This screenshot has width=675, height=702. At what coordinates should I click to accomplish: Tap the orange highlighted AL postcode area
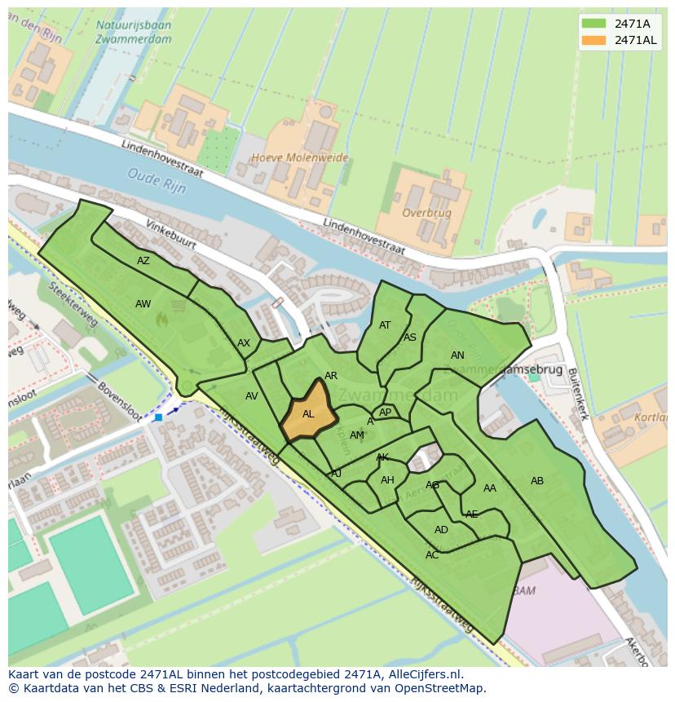(x=308, y=413)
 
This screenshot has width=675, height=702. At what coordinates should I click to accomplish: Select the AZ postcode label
(x=143, y=261)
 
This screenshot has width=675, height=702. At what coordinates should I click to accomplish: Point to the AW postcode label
(x=143, y=304)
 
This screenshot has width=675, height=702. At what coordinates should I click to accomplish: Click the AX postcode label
(x=244, y=343)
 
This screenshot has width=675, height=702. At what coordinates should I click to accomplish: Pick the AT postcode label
(x=385, y=325)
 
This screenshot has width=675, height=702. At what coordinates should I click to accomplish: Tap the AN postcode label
(x=457, y=355)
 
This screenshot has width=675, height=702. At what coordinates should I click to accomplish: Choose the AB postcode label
(x=537, y=481)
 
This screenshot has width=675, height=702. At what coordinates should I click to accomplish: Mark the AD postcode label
(x=441, y=530)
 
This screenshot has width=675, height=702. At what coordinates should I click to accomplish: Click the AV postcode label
(x=252, y=396)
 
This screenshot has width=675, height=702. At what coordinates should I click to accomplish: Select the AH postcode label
(x=387, y=480)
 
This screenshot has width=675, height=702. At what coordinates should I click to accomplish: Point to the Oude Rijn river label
(x=157, y=180)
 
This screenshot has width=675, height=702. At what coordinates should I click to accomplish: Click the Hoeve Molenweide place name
(x=299, y=158)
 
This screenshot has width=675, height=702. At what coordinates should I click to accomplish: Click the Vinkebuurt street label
(x=173, y=234)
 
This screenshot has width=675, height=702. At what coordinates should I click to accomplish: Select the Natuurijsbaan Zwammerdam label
(x=132, y=32)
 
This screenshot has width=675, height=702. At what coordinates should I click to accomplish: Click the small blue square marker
(x=158, y=417)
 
